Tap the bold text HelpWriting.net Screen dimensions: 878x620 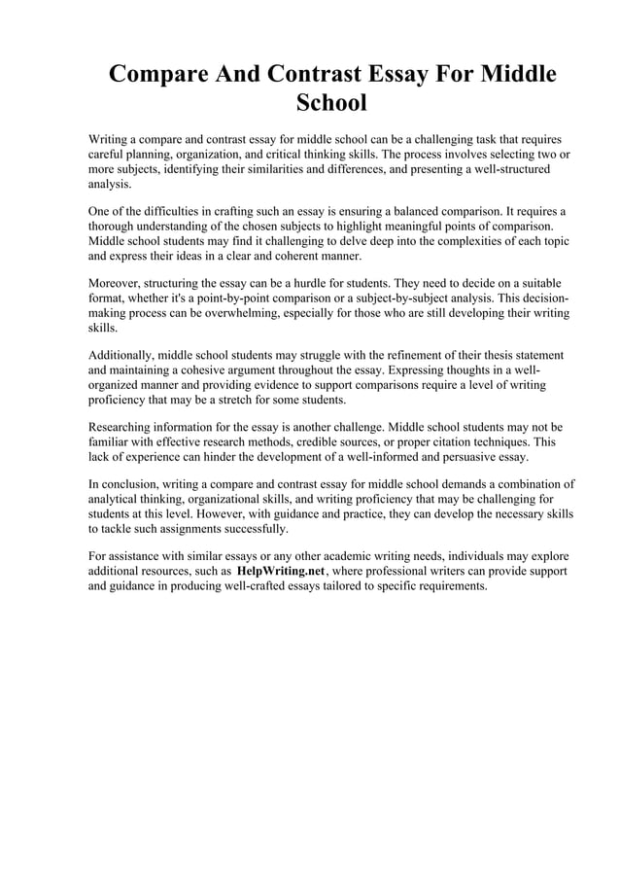coord(281,572)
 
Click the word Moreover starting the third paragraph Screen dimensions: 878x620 coord(117,283)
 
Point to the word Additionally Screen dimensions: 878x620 coord(124,355)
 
